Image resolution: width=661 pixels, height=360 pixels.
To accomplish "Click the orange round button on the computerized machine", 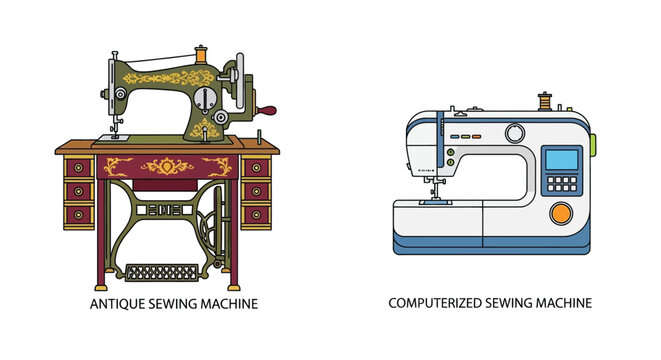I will pyautogui.click(x=562, y=212).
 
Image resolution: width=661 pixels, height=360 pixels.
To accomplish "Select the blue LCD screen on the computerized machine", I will pyautogui.click(x=562, y=160).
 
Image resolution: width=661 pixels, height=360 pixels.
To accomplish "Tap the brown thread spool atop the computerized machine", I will pyautogui.click(x=545, y=101).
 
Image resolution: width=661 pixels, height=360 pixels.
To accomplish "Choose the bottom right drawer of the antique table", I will pyautogui.click(x=255, y=213).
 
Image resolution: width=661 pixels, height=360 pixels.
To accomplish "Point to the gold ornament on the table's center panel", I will pyautogui.click(x=167, y=165).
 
